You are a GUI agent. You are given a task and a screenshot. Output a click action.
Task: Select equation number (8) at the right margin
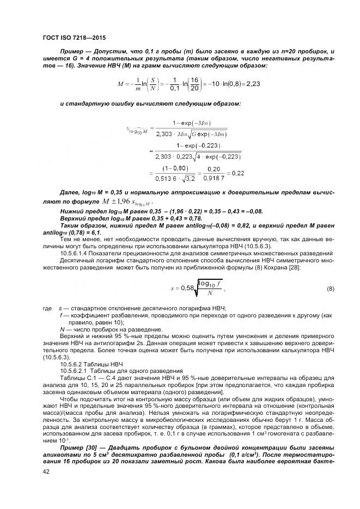pyautogui.click(x=331, y=288)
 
